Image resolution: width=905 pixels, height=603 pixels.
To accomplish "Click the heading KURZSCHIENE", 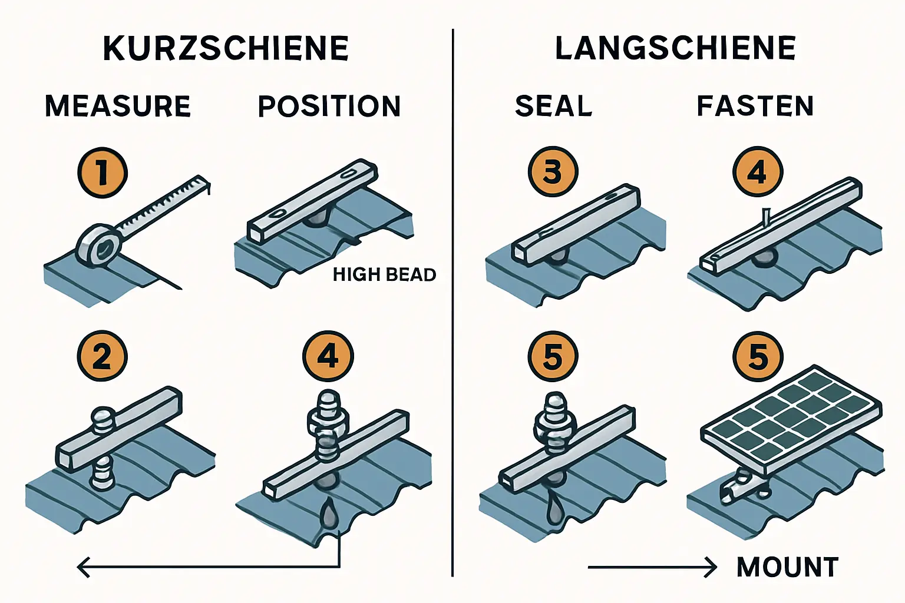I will tap(226, 48).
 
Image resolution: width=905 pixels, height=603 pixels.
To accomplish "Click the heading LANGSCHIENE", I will tap(675, 48).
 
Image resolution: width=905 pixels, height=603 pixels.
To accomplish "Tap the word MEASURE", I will tap(118, 107).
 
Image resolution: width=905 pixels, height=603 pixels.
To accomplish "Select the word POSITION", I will tap(329, 107).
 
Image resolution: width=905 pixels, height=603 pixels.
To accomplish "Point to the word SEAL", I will tap(553, 107).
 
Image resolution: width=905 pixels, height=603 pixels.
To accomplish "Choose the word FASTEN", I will tap(755, 107).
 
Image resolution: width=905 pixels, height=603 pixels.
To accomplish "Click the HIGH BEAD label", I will tap(384, 274).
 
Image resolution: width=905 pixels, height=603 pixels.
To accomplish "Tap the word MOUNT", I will tap(788, 568).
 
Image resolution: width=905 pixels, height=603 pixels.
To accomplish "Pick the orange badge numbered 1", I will tap(103, 173).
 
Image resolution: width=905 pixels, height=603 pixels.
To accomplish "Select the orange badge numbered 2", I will tap(103, 356).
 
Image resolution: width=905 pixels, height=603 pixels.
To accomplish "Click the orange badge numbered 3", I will tap(553, 173).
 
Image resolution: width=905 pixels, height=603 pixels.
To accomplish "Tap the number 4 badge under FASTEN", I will tap(758, 173).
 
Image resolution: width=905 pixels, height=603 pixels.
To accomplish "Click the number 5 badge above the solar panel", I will tap(758, 356).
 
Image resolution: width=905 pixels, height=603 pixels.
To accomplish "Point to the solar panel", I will tap(791, 419).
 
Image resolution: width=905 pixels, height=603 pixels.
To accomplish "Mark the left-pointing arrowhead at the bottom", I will tap(83, 568).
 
